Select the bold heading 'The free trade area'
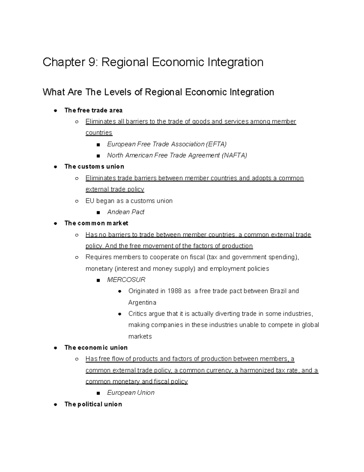93,110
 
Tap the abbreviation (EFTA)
216,144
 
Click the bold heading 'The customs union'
94,167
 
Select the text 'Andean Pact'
126,212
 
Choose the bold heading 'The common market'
96,223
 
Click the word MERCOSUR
126,280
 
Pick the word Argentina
142,302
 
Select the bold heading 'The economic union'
96,348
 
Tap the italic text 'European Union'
131,393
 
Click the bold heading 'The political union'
93,404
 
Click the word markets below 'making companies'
140,336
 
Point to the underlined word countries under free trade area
99,133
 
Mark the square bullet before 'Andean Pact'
98,212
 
